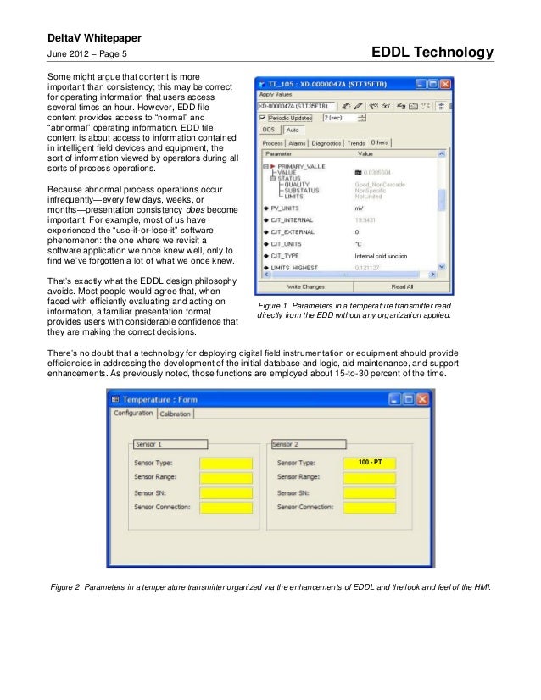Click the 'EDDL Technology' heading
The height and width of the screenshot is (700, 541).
pos(432,53)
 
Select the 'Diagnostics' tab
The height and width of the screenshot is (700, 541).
pos(326,143)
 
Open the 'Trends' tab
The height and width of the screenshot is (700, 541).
pos(356,143)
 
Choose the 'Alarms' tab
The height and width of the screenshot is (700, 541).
pos(298,143)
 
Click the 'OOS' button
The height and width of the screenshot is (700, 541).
pos(267,130)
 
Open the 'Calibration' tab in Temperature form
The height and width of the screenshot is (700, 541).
pos(176,414)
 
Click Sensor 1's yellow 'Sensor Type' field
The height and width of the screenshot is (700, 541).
pos(226,464)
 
